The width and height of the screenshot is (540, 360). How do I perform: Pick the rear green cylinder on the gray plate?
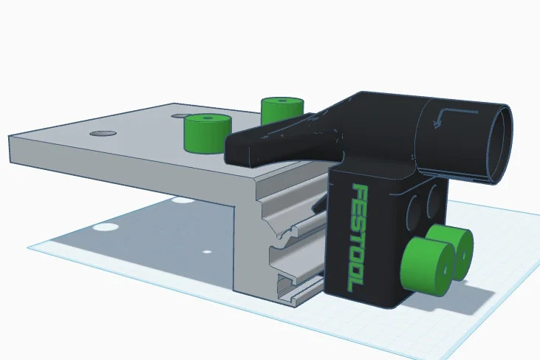pos(282,109)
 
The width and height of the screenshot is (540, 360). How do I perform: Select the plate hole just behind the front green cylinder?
pos(180,116)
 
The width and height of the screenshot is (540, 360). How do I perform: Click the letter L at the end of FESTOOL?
pos(346,283)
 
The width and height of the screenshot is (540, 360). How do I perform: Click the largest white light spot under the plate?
pos(109,225)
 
